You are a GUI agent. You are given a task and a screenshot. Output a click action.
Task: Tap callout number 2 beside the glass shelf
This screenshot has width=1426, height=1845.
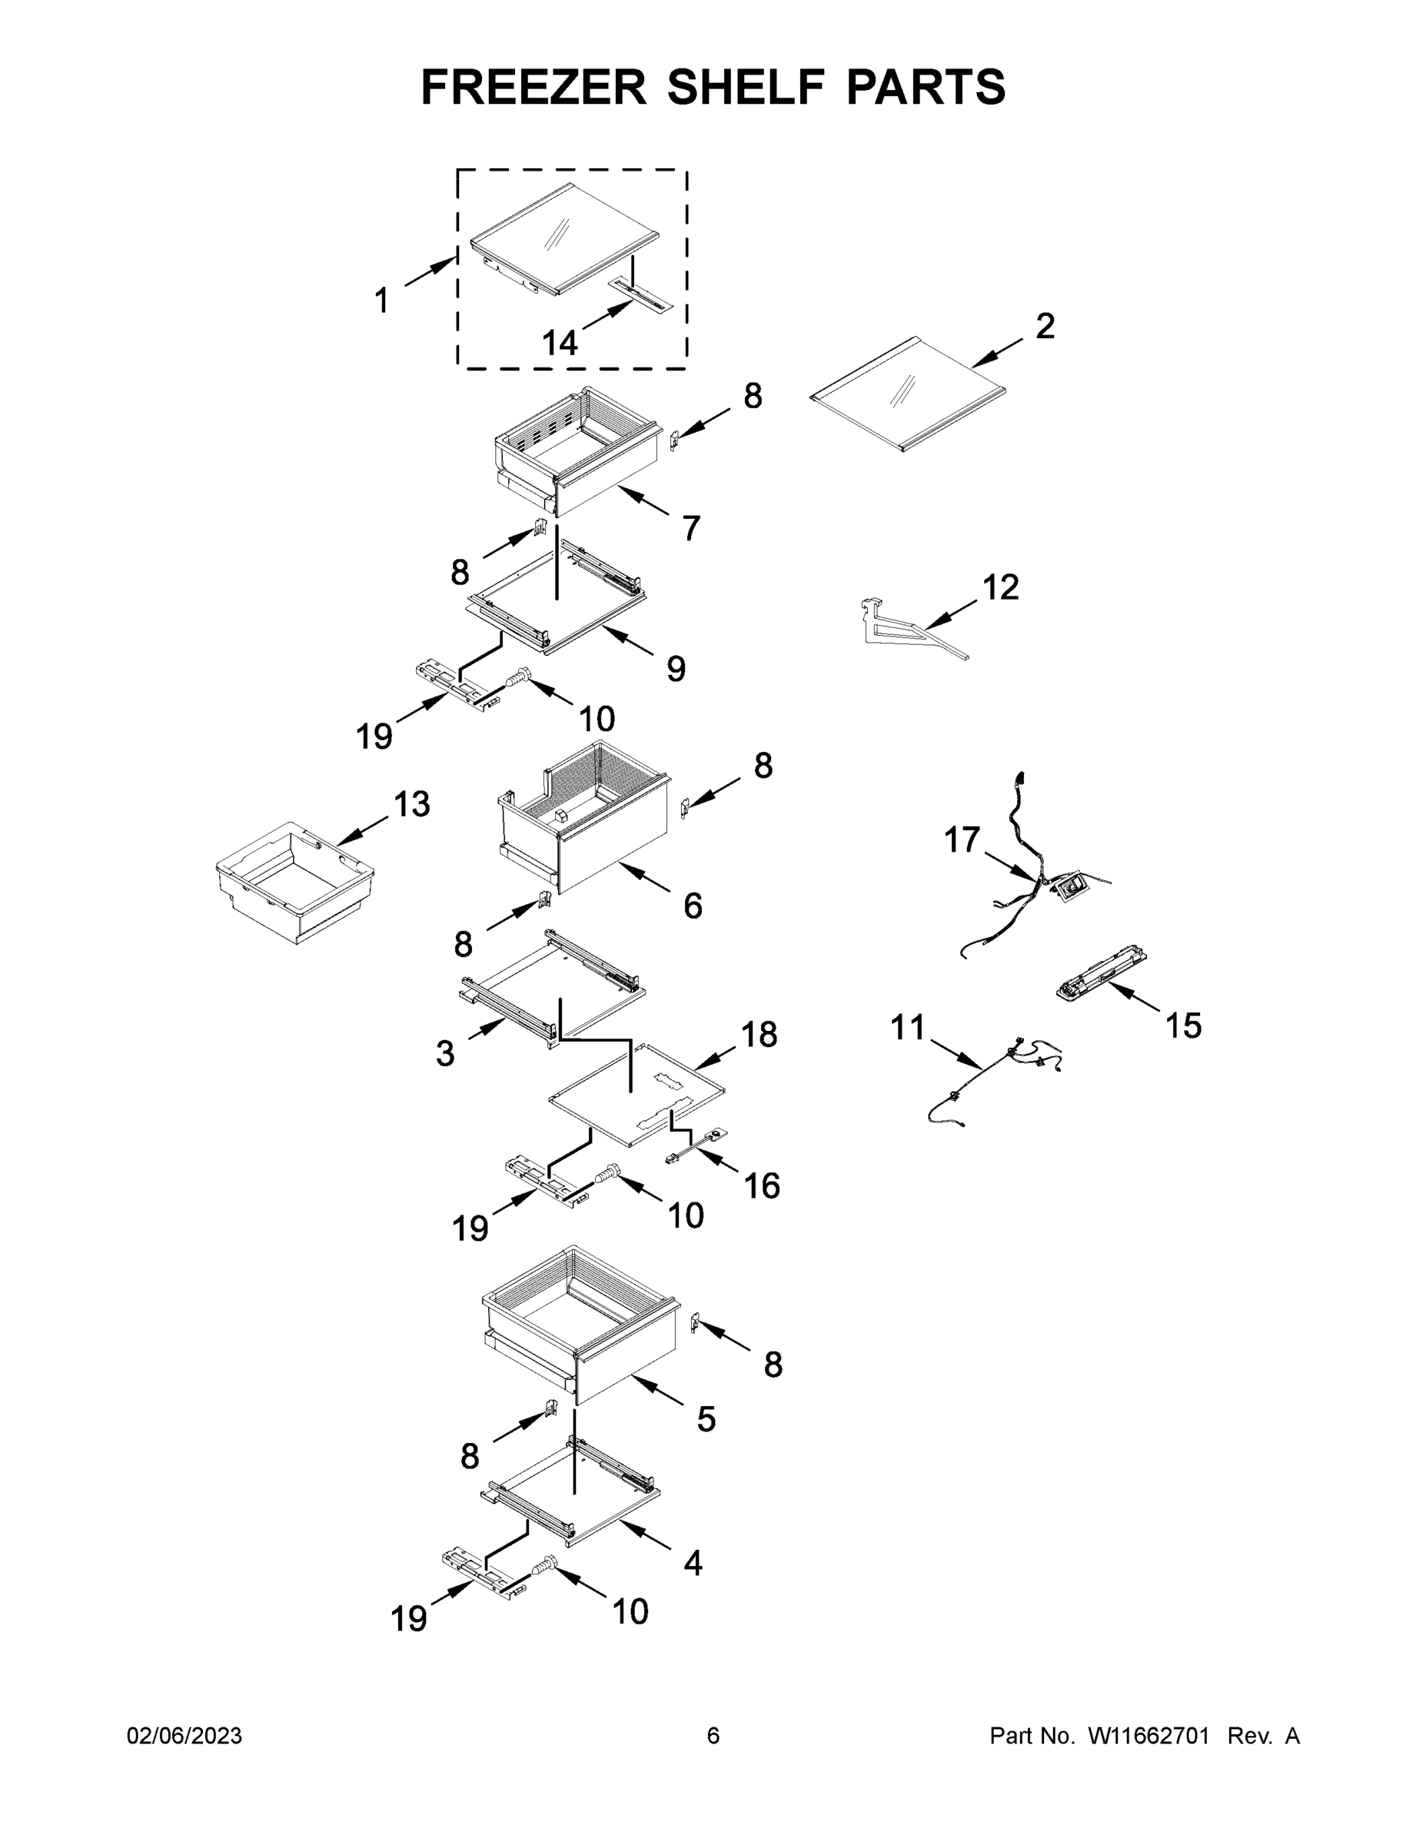click(1044, 327)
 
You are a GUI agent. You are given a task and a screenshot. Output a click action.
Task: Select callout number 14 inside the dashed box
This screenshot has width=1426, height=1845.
click(559, 343)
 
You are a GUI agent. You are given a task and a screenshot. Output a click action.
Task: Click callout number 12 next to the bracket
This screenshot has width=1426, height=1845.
click(1001, 587)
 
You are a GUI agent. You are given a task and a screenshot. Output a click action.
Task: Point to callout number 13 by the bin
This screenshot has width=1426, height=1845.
click(411, 803)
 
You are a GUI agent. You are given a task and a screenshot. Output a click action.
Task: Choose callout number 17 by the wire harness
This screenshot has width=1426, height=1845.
click(962, 839)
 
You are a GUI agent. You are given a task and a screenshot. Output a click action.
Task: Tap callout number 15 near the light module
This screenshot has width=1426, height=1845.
click(1183, 1026)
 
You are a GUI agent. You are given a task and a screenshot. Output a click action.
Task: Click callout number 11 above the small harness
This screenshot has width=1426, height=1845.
click(908, 1027)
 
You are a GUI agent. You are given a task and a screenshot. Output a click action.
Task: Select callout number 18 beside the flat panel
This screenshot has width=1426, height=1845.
click(759, 1034)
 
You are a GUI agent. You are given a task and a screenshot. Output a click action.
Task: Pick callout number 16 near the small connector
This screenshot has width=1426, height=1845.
click(761, 1186)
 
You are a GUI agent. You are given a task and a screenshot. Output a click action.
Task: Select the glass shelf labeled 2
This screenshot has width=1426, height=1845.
click(908, 394)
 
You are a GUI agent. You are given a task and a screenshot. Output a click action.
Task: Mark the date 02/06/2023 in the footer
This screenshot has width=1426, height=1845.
click(184, 1735)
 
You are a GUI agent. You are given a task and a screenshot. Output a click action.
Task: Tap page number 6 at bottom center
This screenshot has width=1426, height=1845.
click(713, 1735)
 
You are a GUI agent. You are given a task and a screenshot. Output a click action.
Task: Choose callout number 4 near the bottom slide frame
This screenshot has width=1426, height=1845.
click(693, 1563)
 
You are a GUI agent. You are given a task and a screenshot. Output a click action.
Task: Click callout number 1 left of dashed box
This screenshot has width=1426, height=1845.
click(382, 300)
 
